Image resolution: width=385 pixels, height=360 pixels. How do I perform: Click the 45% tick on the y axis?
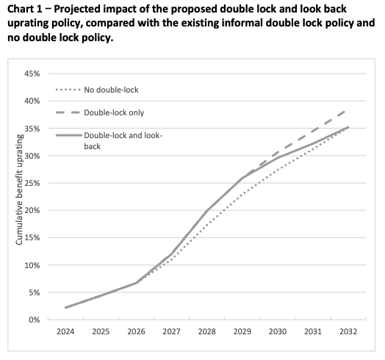click(32, 73)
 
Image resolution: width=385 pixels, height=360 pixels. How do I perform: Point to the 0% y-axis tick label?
click(34, 320)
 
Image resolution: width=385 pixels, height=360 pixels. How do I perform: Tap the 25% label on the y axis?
click(32, 183)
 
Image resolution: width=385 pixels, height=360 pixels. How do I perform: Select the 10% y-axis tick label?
click(32, 265)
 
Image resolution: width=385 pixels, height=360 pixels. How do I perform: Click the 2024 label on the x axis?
click(65, 332)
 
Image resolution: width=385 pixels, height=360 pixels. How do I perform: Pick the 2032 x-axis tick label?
click(348, 332)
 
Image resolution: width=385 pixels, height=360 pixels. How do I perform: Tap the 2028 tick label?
click(207, 332)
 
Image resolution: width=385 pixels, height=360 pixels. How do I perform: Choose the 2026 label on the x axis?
click(136, 332)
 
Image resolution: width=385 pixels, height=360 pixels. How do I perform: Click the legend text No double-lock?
click(111, 90)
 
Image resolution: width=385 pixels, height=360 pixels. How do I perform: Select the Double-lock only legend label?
click(114, 112)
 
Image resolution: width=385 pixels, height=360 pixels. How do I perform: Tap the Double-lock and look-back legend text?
click(123, 141)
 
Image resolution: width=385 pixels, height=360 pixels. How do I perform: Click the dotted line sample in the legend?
click(68, 90)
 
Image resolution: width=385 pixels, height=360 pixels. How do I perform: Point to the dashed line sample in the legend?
click(68, 112)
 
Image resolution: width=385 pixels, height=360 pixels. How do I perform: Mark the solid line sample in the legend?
click(69, 135)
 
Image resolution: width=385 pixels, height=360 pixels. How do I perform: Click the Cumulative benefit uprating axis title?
click(19, 190)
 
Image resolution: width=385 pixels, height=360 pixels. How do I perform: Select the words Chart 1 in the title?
click(24, 10)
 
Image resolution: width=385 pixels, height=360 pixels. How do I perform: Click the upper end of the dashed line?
click(346, 111)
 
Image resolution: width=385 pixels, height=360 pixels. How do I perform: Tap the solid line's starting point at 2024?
click(65, 307)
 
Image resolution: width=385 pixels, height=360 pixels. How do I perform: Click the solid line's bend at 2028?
click(207, 211)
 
